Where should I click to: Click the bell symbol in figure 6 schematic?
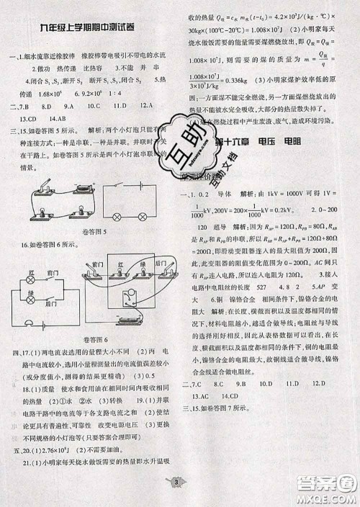pyautogui.click(x=28, y=323)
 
